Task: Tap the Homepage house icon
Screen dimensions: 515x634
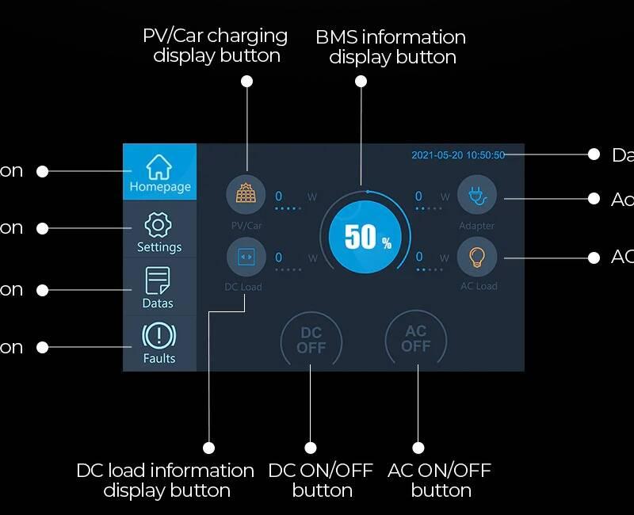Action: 159,166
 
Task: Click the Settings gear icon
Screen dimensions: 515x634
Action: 158,225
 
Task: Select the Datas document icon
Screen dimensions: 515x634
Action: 157,281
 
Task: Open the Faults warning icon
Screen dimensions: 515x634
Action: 158,336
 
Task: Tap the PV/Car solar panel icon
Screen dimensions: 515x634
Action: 246,195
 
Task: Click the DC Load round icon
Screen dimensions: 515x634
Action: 246,257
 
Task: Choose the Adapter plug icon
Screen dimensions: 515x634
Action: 477,195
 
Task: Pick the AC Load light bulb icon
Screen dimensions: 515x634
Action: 477,257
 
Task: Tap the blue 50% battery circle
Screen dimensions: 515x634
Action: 367,237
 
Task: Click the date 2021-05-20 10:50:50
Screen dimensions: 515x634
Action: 458,155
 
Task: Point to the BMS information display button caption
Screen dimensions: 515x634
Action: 391,47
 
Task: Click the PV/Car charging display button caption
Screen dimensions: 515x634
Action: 216,45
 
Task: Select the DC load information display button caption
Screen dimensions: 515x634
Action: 166,480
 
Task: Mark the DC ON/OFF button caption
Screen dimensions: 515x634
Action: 321,480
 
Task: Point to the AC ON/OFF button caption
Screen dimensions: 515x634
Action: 440,480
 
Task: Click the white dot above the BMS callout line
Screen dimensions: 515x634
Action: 361,82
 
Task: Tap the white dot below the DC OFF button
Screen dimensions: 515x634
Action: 311,448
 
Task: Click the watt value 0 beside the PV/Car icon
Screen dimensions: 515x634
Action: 279,196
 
